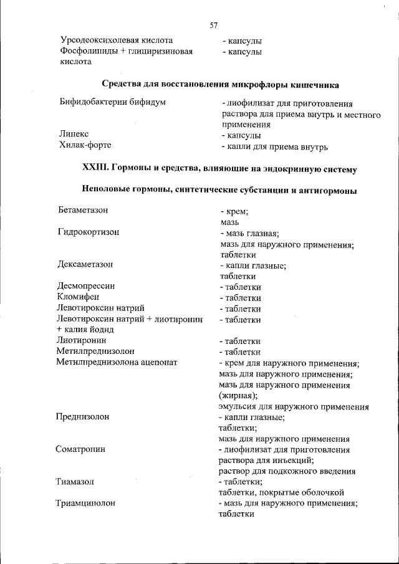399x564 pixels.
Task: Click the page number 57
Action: tap(213, 26)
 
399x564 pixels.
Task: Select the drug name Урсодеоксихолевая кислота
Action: tap(117, 41)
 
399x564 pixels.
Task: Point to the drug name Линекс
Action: tap(75, 135)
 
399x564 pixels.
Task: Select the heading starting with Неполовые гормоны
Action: tap(219, 189)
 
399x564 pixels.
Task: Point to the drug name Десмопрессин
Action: tap(87, 286)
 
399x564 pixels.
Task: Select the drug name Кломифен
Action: tap(79, 297)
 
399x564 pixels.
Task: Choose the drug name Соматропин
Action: tap(82, 449)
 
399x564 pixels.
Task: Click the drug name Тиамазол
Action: tap(76, 481)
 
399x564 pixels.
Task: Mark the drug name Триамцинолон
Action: tap(86, 503)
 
